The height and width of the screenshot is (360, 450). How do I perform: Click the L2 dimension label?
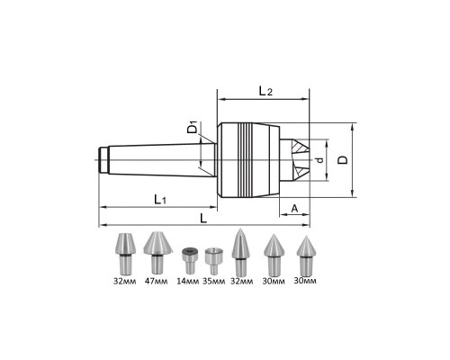pyautogui.click(x=265, y=91)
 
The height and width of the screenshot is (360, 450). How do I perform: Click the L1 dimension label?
pyautogui.click(x=160, y=199)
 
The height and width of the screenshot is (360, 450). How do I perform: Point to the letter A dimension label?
pyautogui.click(x=295, y=208)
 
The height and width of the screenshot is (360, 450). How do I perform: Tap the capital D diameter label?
pyautogui.click(x=343, y=160)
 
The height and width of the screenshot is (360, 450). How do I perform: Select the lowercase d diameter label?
pyautogui.click(x=320, y=160)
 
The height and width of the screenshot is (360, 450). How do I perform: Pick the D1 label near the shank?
pyautogui.click(x=192, y=127)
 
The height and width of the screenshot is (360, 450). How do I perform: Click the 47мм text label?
pyautogui.click(x=156, y=282)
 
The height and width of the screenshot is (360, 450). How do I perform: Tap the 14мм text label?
pyautogui.click(x=188, y=282)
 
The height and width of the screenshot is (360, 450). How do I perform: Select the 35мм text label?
pyautogui.click(x=214, y=282)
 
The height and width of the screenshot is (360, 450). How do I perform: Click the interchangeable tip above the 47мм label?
pyautogui.click(x=155, y=253)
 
